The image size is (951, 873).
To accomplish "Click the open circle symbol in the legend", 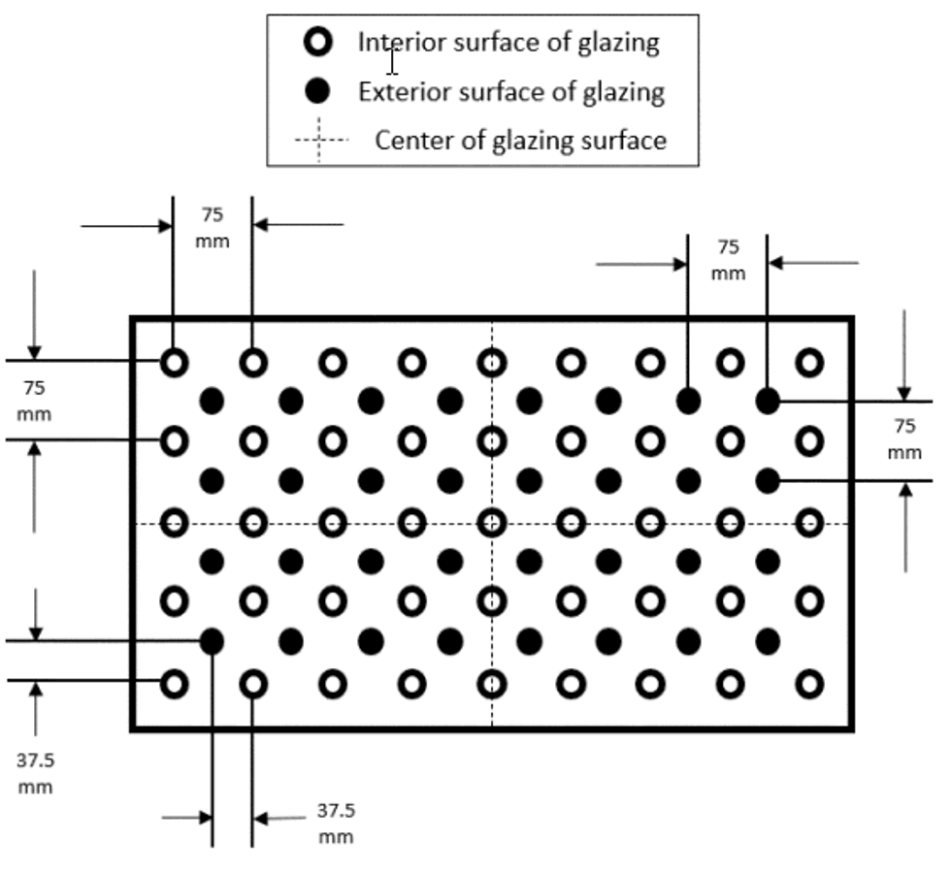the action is point(318,43).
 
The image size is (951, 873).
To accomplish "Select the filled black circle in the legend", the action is point(317,91).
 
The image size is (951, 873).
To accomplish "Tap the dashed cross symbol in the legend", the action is point(319,140).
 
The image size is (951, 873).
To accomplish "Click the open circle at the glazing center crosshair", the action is point(492,523).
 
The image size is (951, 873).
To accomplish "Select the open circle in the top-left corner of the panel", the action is point(174,363).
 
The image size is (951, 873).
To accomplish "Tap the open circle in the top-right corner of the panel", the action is point(809,363).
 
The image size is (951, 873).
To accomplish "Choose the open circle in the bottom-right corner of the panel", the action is point(809,685).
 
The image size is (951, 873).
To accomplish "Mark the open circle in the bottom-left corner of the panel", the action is point(174,685).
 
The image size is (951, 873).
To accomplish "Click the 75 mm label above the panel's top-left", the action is point(213,227).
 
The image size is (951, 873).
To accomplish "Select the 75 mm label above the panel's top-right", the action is point(728,260).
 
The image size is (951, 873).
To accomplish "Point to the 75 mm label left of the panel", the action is point(34,401).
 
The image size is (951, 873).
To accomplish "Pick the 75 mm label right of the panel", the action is point(904,438).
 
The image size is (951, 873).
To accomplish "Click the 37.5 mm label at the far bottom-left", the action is point(35,774).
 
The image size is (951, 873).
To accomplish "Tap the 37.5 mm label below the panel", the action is point(336,824).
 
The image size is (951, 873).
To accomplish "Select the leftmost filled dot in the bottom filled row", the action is point(212,641).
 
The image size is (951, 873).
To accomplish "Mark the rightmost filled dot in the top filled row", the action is point(768,401).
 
